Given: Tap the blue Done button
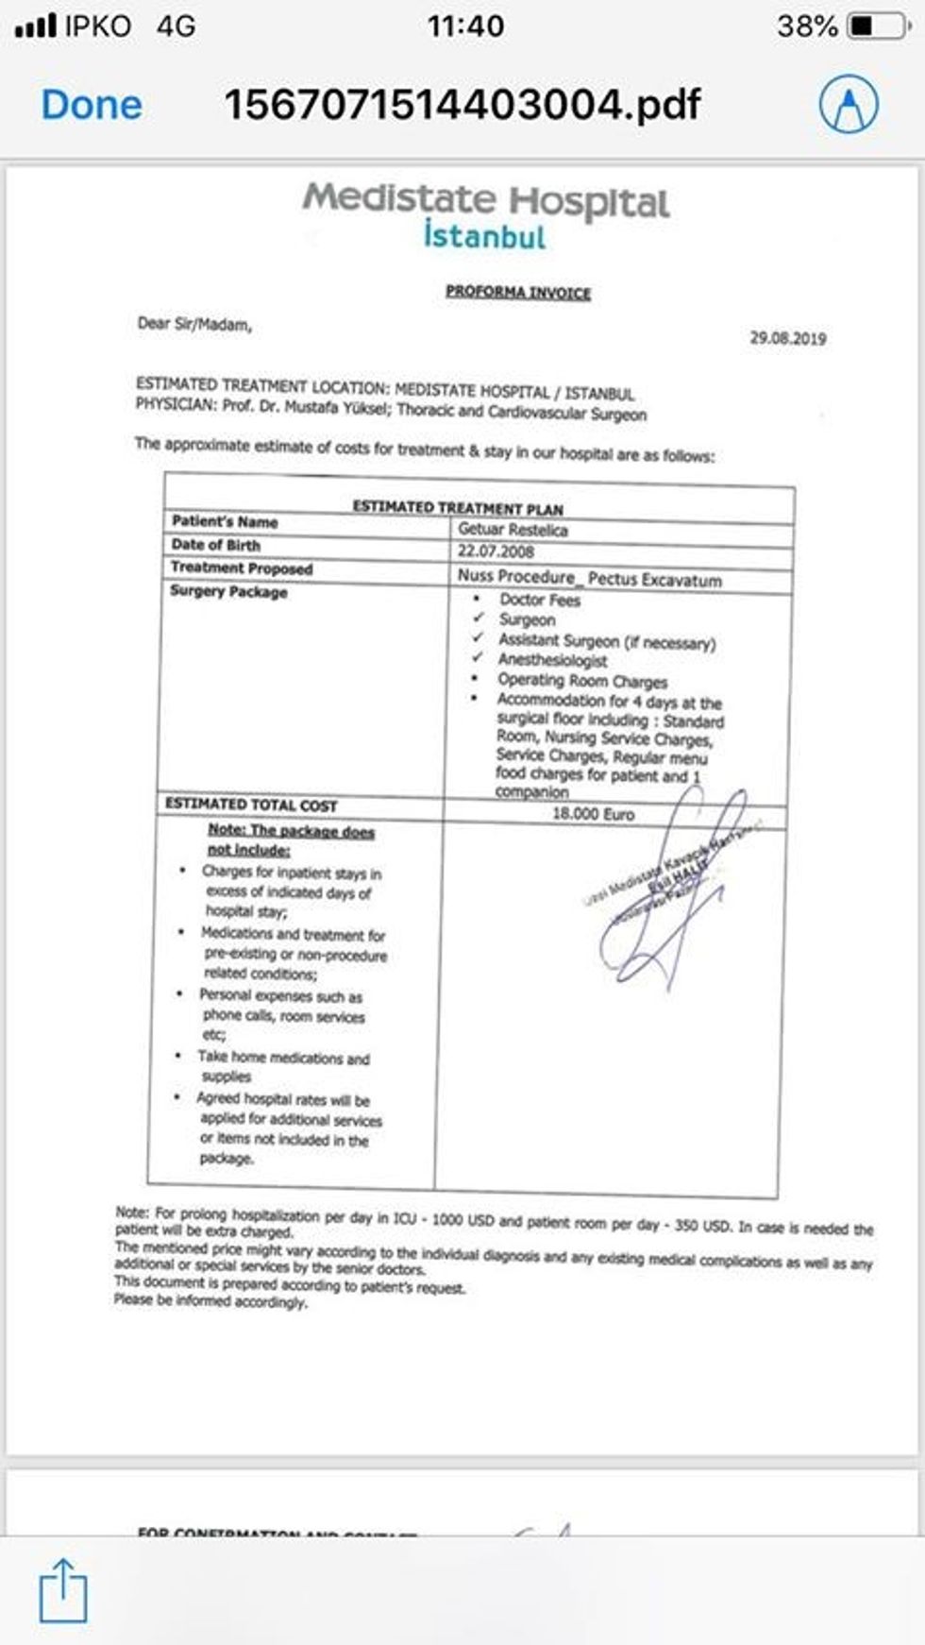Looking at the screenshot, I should coord(92,105).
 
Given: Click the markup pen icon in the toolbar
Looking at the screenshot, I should coord(849,104).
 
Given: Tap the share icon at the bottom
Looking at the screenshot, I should coord(63,1591).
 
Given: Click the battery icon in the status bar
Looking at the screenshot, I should coord(877,26).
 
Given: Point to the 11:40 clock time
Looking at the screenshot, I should coord(465,26).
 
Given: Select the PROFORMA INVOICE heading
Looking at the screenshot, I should coord(518,293).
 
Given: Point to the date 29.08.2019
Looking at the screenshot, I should coord(787,338).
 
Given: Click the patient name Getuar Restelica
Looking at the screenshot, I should coord(513,530).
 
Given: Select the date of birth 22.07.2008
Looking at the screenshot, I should coord(496,551).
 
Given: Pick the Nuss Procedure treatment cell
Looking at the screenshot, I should coord(589,577).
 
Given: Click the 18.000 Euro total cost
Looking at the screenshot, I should coord(593,814).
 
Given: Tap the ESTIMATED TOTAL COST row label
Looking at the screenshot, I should coord(251,805).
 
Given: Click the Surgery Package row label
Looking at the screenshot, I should coord(228,592).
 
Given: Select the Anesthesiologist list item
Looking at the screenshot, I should coord(552,660).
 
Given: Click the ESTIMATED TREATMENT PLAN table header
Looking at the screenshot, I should coord(458,507).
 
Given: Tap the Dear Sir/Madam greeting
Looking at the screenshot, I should coord(194,325).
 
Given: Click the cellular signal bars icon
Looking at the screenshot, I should coord(36,25).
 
